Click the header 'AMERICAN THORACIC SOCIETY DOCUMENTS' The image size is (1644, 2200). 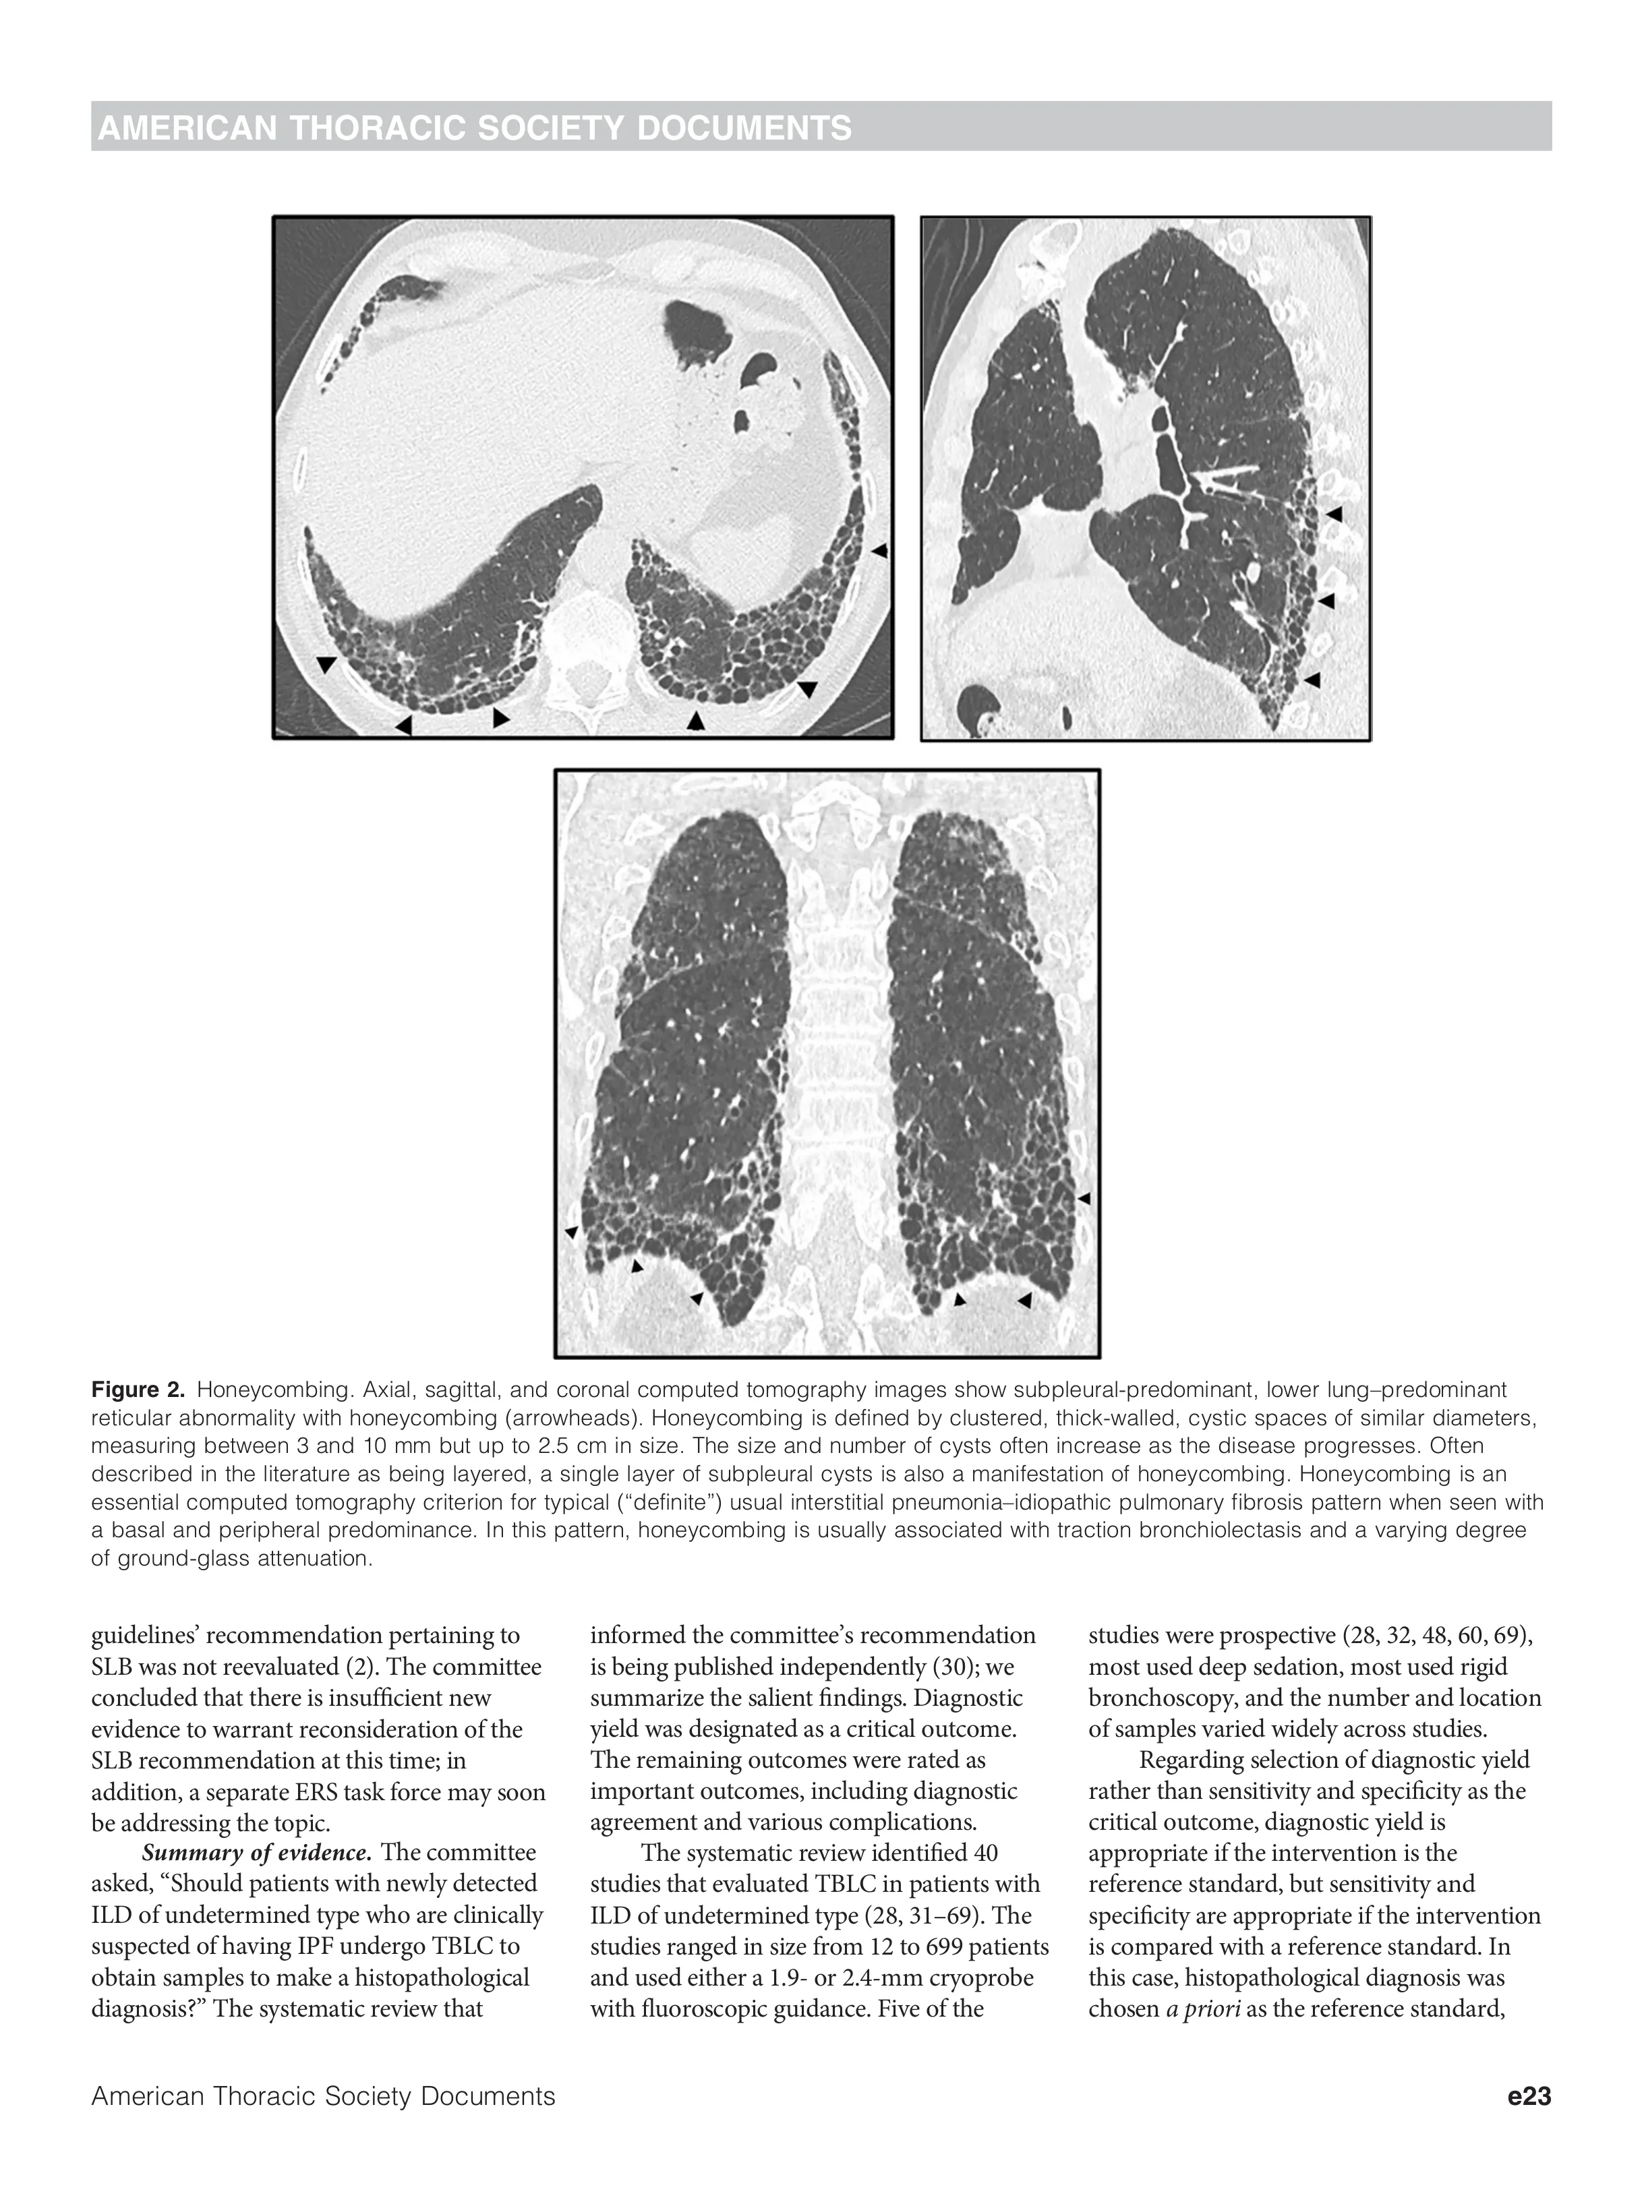click(x=475, y=128)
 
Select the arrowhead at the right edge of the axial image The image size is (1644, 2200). click(x=879, y=550)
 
